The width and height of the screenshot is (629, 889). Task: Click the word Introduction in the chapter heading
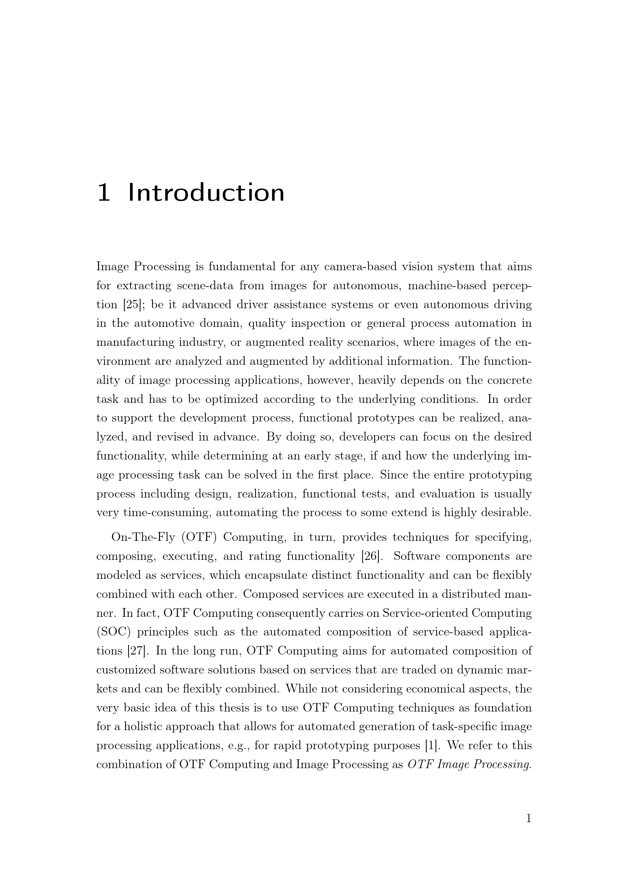(206, 193)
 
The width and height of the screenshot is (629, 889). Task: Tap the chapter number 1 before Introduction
(103, 193)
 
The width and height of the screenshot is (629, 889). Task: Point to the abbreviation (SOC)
(113, 632)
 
